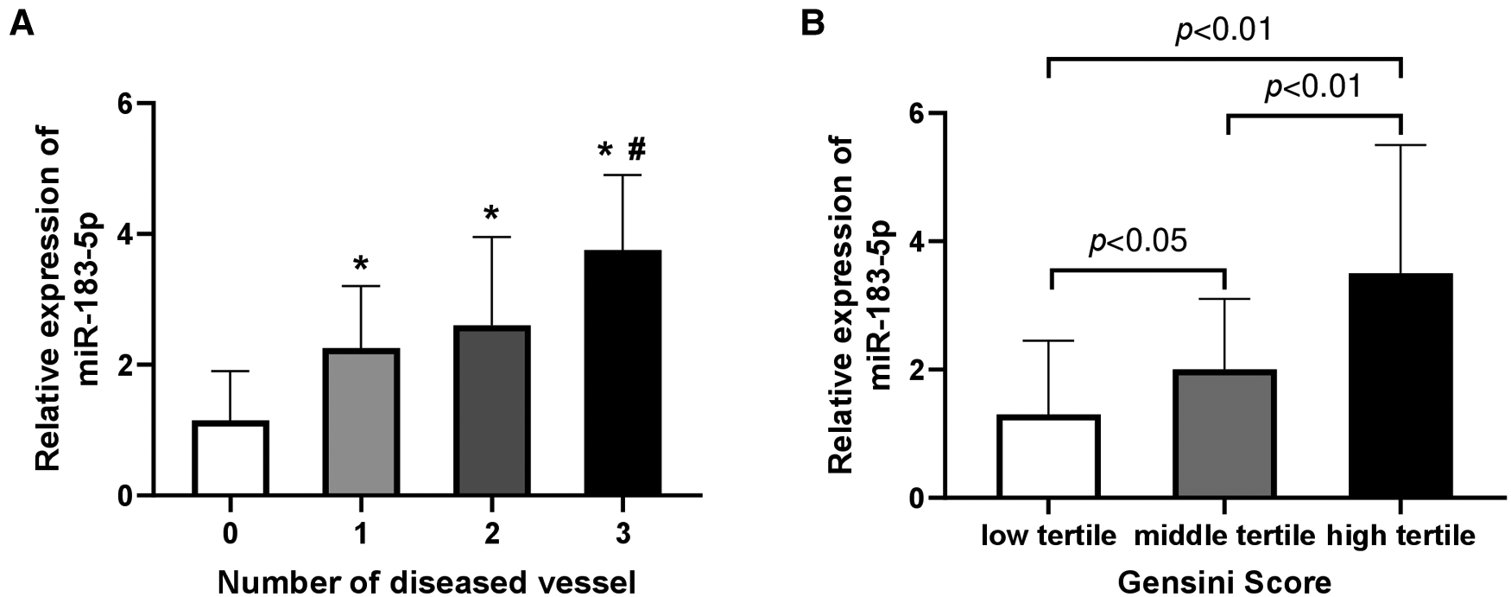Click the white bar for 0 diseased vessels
click(x=230, y=459)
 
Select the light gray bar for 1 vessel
click(x=361, y=422)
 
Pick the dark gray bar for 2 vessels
click(x=492, y=411)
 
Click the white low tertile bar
click(x=1048, y=457)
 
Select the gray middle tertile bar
click(x=1224, y=435)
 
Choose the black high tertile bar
click(x=1400, y=386)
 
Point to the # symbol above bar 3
click(x=636, y=150)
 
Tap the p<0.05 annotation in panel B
click(x=1138, y=241)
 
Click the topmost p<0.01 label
click(x=1224, y=30)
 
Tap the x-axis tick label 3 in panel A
click(x=623, y=535)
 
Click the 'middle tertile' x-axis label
click(x=1224, y=537)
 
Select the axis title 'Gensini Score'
click(x=1224, y=581)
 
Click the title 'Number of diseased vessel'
click(x=427, y=581)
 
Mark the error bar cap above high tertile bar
click(x=1400, y=145)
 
